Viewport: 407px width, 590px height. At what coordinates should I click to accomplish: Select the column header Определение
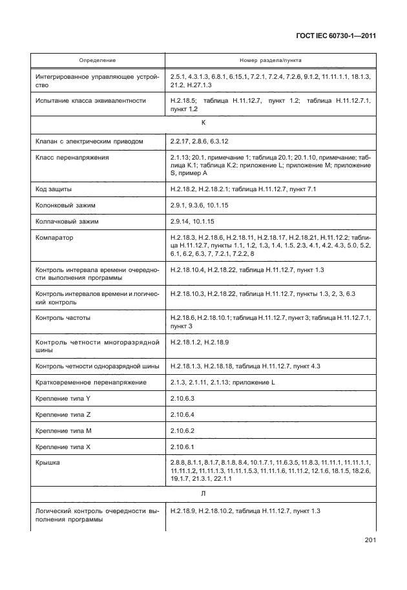coord(98,60)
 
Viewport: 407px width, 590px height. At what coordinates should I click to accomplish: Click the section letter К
coord(204,122)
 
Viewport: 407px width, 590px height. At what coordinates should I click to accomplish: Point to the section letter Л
coord(204,493)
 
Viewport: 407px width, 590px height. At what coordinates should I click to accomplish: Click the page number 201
coord(370,540)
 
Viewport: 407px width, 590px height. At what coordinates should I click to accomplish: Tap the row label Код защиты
coord(54,189)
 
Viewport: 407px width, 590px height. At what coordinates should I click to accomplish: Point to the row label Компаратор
coord(55,238)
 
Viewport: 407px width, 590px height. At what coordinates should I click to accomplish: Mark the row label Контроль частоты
coord(63,318)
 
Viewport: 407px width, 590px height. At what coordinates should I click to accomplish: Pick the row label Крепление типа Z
coord(63,415)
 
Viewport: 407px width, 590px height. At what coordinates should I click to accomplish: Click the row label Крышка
coord(49,463)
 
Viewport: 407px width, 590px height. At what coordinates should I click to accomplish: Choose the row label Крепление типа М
coord(63,430)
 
